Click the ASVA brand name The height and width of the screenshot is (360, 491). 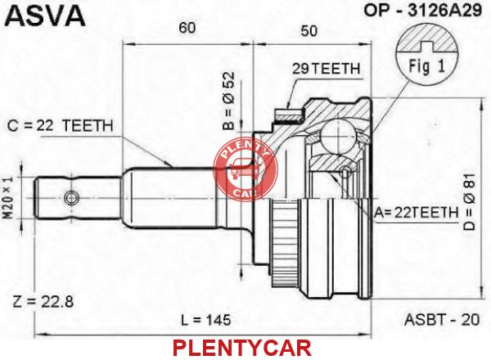(x=45, y=16)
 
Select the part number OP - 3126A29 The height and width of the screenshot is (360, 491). (x=422, y=11)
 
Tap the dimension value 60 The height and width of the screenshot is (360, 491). (x=187, y=28)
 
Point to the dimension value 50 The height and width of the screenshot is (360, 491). (x=309, y=30)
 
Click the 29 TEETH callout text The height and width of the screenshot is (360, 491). (x=326, y=69)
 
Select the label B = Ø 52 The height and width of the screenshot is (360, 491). (x=228, y=101)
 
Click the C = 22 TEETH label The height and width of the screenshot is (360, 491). (x=60, y=126)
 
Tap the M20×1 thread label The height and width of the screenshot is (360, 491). (x=9, y=198)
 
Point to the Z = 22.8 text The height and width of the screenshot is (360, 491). (x=43, y=302)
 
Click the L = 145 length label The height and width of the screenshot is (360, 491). (x=205, y=320)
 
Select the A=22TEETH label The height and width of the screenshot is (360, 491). (x=417, y=213)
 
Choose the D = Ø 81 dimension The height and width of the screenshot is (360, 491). (x=470, y=201)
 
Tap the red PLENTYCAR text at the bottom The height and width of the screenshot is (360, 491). (x=242, y=348)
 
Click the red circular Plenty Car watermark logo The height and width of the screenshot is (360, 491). (x=245, y=170)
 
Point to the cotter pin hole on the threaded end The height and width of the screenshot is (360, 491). (x=71, y=198)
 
